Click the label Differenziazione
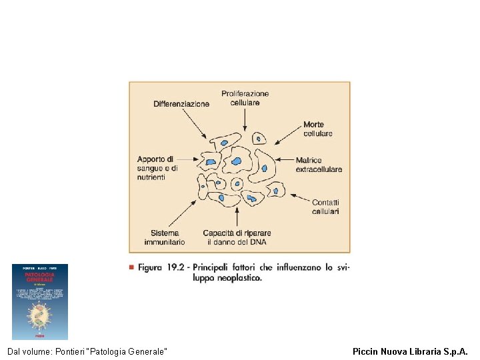[x=181, y=103]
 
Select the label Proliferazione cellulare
[x=245, y=98]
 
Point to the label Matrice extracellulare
[x=319, y=165]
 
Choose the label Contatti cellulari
[x=325, y=207]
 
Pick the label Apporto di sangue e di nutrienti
[x=158, y=168]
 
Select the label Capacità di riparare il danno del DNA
[x=237, y=237]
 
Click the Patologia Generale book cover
[x=40, y=301]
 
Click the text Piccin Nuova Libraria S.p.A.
[x=410, y=351]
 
